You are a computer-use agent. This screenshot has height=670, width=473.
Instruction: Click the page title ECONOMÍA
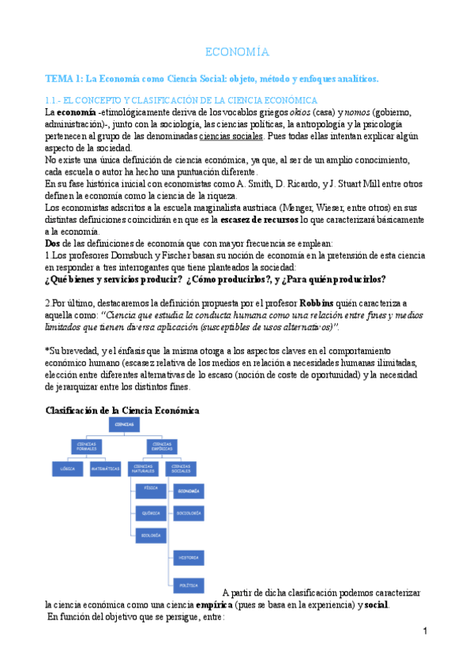(x=237, y=53)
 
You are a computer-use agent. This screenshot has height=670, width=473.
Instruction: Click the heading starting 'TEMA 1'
(x=212, y=79)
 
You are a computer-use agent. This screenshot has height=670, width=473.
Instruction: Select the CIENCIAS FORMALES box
(x=87, y=446)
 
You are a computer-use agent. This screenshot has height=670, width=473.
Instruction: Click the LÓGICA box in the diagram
(x=67, y=469)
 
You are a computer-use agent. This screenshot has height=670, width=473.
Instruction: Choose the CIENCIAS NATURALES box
(x=144, y=469)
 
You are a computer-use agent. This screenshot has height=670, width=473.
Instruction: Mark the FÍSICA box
(x=150, y=489)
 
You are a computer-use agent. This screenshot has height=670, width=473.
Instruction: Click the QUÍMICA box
(x=150, y=513)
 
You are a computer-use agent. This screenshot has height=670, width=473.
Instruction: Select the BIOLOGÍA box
(x=150, y=536)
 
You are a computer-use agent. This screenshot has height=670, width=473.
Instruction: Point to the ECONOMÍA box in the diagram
(x=189, y=491)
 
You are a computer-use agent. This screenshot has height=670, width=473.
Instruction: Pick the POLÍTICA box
(x=189, y=585)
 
